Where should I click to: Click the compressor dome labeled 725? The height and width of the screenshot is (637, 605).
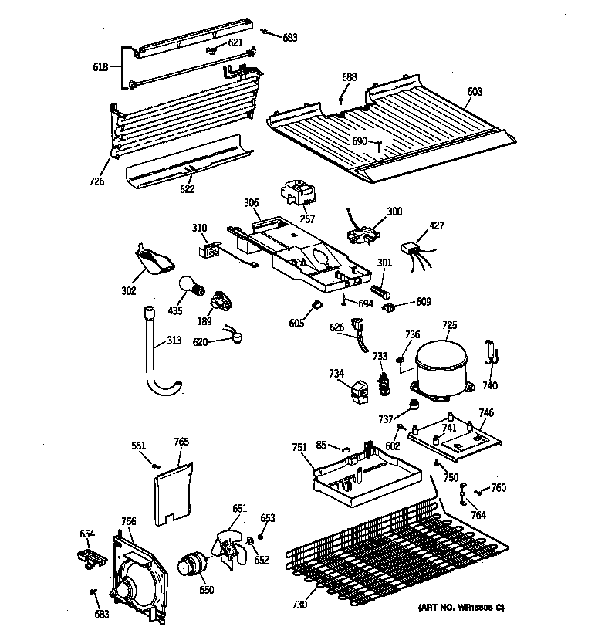(442, 364)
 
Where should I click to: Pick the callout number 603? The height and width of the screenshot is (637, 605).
(475, 92)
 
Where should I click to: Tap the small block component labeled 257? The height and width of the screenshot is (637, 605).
(296, 192)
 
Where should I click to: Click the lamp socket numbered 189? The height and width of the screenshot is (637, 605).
(222, 300)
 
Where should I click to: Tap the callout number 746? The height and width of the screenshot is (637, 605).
(486, 413)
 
